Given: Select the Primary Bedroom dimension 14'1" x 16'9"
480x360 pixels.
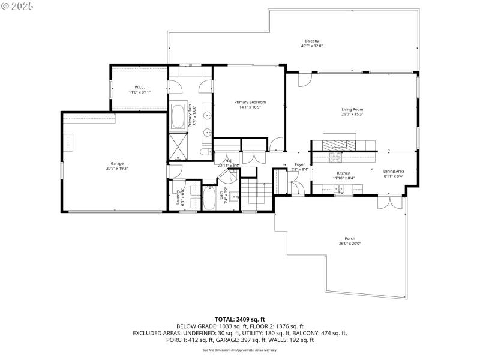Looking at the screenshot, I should pos(250,107).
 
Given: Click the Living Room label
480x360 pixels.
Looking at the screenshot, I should pos(353,109).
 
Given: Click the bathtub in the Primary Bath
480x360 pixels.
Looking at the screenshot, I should pos(178,117).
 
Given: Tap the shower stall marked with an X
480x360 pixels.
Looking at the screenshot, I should pos(178,146).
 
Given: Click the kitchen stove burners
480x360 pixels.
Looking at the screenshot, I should pos(335,158).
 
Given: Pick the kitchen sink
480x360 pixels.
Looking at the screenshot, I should pos(340,190).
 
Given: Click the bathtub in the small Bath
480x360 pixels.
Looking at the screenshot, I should pos(209,198).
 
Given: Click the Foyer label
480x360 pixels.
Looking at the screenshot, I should pos(299,164).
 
